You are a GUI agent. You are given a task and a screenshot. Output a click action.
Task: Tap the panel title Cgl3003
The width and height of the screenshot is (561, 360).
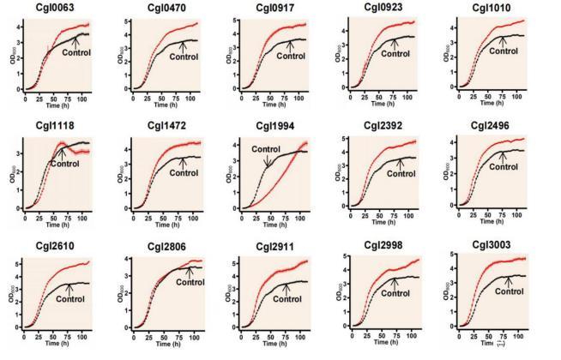507,245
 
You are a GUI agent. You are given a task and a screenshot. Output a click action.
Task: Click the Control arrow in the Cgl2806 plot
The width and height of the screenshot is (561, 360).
190,274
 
